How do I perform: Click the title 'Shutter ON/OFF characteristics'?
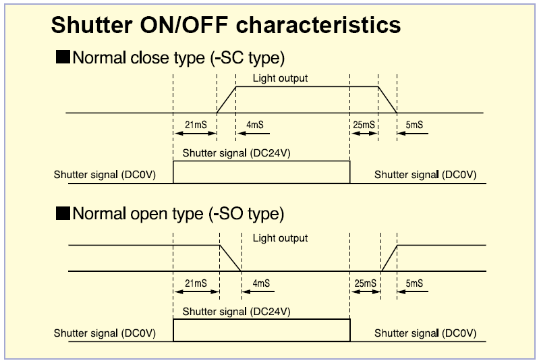[x=226, y=25]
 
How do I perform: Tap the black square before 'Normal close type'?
[x=63, y=57]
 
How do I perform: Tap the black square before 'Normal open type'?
[x=63, y=213]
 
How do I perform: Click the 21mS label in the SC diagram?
[x=196, y=124]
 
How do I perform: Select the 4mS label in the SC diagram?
[x=255, y=124]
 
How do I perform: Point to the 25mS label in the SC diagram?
[x=364, y=124]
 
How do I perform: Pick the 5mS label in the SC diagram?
[x=414, y=124]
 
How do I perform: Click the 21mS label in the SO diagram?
[x=196, y=283]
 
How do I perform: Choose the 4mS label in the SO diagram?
[x=261, y=283]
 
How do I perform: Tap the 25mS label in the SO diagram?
[x=366, y=283]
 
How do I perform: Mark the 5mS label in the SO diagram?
[x=414, y=283]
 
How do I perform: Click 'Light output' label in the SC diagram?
[x=280, y=78]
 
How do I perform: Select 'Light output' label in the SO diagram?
[x=280, y=238]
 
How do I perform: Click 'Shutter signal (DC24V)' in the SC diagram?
[x=237, y=153]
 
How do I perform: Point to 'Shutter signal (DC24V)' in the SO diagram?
[x=237, y=312]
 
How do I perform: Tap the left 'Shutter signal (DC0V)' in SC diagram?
[x=105, y=175]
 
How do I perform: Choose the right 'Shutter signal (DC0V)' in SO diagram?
[x=425, y=333]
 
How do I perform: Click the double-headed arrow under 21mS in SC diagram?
[x=195, y=134]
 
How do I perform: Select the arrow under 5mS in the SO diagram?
[x=413, y=292]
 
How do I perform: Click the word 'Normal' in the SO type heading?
[x=99, y=213]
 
